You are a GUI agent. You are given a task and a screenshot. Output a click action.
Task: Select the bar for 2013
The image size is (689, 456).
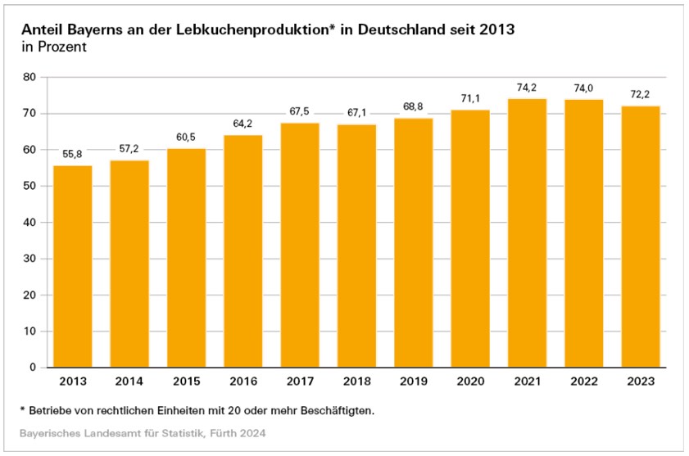(x=73, y=266)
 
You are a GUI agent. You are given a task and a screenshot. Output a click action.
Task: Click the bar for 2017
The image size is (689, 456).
(x=300, y=245)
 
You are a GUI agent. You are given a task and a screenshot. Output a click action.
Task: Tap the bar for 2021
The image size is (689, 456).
(x=527, y=233)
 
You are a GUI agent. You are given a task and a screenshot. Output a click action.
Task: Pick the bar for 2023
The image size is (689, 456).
(x=641, y=237)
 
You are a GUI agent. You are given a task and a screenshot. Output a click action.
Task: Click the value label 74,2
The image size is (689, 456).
(x=527, y=88)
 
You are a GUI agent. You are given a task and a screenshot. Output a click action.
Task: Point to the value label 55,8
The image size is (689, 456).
(x=73, y=154)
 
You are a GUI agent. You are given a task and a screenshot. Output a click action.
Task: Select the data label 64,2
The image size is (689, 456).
(x=243, y=124)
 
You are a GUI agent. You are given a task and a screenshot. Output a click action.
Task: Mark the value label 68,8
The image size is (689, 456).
(x=414, y=107)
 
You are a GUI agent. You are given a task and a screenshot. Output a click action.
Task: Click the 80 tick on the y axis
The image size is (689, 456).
(x=30, y=77)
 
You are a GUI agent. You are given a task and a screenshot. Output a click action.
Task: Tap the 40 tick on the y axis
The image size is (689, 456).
(x=30, y=223)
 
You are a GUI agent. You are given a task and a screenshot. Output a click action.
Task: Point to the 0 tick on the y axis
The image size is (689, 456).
(x=34, y=368)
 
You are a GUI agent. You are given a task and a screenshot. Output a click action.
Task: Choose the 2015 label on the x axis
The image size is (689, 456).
(x=186, y=382)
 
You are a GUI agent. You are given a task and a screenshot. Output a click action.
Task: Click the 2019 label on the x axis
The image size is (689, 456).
(x=414, y=382)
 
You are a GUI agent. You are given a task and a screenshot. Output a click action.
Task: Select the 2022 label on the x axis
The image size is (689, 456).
(x=584, y=382)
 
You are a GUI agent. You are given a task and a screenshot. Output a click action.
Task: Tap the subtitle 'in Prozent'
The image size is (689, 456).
(x=55, y=48)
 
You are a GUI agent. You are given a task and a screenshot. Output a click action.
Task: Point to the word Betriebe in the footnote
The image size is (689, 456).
(x=52, y=409)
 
